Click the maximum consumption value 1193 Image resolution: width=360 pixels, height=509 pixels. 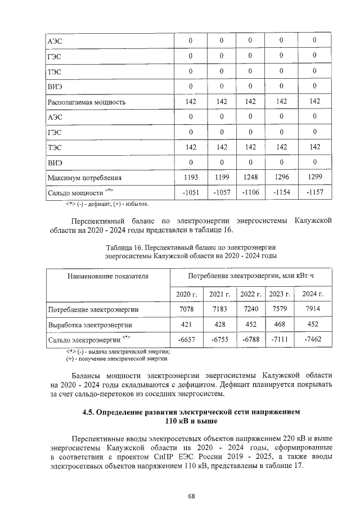(191, 178)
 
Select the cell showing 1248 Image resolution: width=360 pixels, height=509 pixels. (250, 178)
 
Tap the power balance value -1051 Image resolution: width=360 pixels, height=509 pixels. (191, 193)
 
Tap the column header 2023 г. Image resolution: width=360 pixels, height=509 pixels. (280, 294)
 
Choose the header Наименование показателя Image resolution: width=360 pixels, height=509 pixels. (108, 276)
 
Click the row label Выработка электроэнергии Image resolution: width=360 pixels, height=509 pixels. (90, 325)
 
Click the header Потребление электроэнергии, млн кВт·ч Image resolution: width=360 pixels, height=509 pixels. (250, 276)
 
